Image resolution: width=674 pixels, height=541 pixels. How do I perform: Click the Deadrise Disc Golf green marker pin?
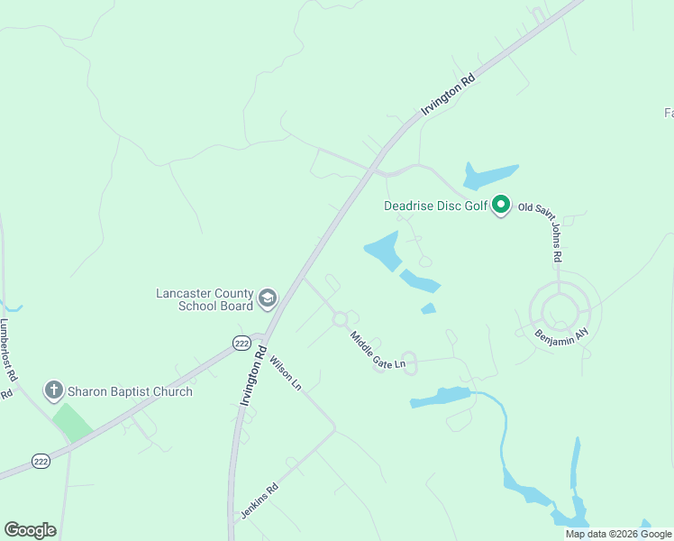[x=501, y=206]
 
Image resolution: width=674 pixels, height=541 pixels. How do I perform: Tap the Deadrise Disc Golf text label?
[x=435, y=206]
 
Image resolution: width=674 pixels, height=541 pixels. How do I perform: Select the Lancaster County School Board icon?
[x=268, y=298]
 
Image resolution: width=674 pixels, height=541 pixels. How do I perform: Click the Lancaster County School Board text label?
[x=205, y=299]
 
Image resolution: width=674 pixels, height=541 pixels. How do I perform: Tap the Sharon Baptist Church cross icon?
[x=54, y=391]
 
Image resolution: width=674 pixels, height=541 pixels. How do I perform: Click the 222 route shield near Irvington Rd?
[x=241, y=343]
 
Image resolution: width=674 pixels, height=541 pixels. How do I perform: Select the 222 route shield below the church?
[x=41, y=461]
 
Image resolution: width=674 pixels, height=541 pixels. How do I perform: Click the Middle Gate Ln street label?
[x=378, y=352]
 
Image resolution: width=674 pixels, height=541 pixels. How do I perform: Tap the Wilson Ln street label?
[x=286, y=371]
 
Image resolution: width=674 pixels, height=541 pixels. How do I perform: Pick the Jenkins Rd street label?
[x=260, y=501]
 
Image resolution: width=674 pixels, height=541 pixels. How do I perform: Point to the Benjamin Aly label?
[x=561, y=335]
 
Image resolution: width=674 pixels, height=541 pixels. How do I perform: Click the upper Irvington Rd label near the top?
[x=448, y=96]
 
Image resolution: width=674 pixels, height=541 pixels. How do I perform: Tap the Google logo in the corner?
[x=31, y=530]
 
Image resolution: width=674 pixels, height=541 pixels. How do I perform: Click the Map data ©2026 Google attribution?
[x=618, y=534]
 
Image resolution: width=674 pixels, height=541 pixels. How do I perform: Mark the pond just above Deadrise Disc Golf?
[x=489, y=175]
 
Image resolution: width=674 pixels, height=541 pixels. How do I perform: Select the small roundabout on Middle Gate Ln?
[x=340, y=318]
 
